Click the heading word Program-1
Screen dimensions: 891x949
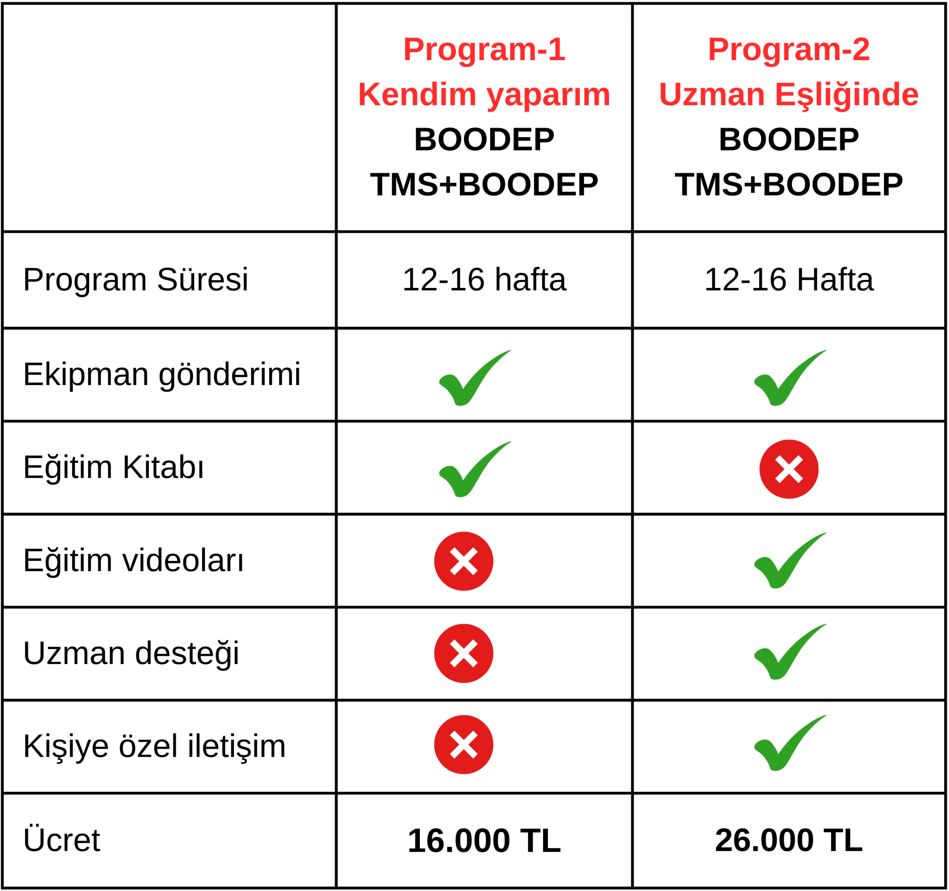[484, 50]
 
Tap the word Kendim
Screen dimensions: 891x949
[417, 94]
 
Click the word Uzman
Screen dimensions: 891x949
[712, 94]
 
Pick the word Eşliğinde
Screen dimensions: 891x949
[847, 94]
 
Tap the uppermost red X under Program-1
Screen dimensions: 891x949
[463, 561]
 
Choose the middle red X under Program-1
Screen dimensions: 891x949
[463, 653]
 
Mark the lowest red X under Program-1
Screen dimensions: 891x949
[463, 745]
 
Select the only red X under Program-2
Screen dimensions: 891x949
[789, 469]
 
